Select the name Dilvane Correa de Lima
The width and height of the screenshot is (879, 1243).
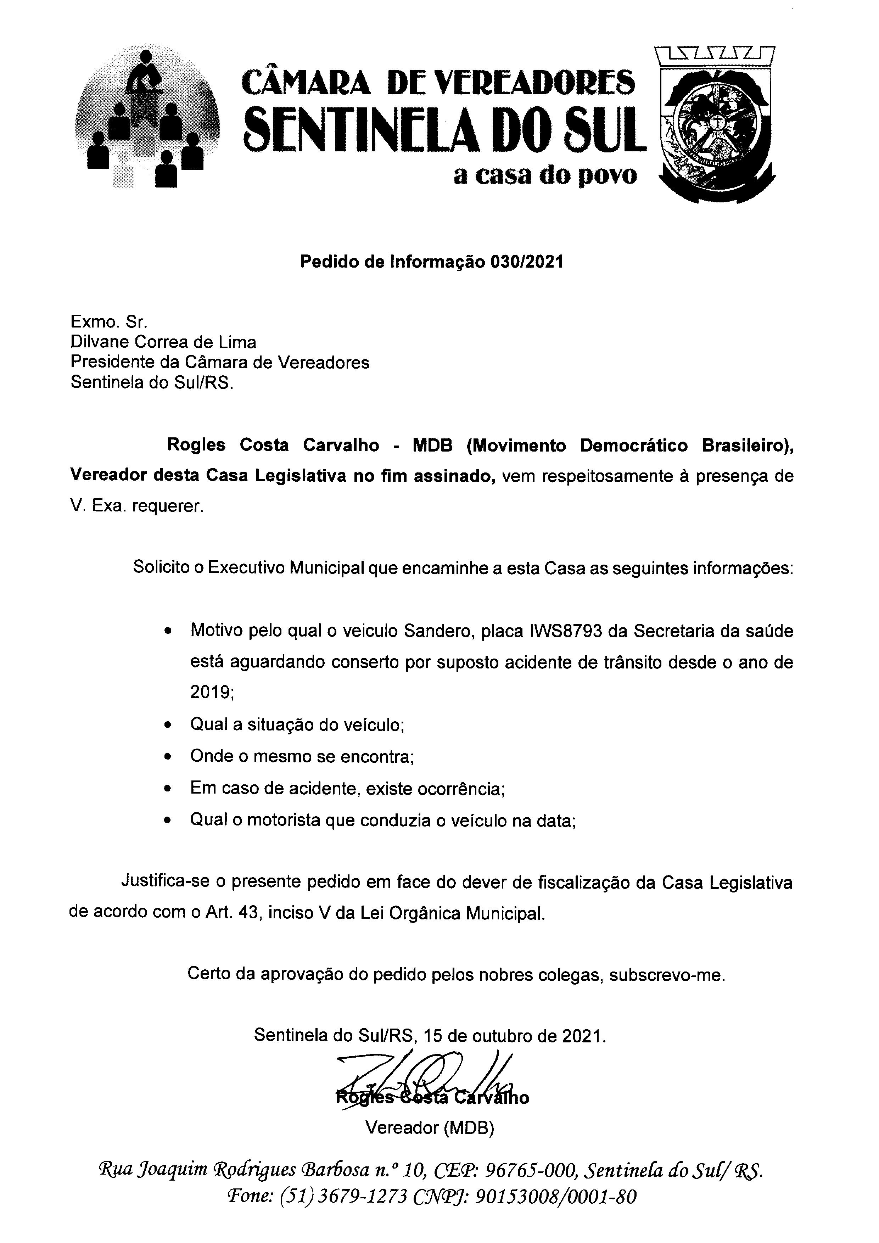click(x=163, y=342)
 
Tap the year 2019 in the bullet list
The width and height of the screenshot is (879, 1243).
click(x=211, y=693)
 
